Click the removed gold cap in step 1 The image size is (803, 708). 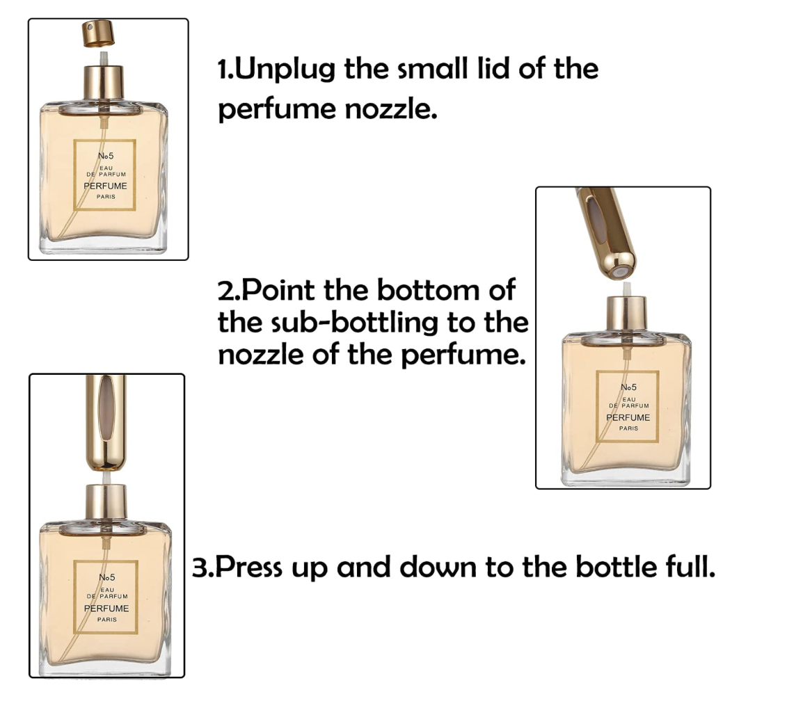coord(97,33)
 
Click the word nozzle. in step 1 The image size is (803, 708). coord(391,108)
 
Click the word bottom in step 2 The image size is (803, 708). coord(429,290)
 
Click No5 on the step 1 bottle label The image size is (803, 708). coord(106,156)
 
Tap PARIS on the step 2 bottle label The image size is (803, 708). coord(628,428)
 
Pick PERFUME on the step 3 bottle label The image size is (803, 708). coord(106,608)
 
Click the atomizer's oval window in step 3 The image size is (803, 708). coord(106,408)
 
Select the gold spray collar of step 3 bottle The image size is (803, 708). coord(106,501)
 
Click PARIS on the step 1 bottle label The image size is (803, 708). coord(106,197)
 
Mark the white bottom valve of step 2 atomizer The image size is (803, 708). coord(621,272)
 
